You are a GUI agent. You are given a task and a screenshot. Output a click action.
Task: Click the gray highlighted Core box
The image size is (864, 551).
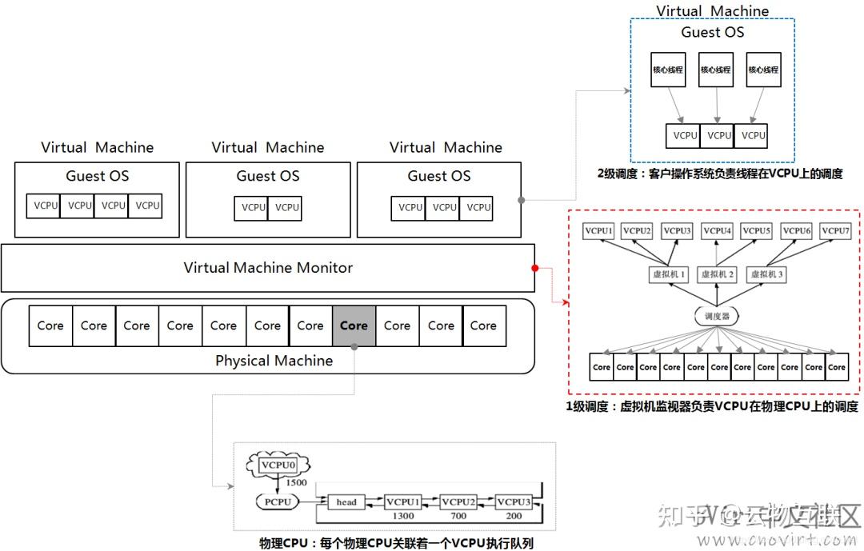point(354,325)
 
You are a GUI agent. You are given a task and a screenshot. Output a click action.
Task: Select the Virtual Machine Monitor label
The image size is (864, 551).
point(268,268)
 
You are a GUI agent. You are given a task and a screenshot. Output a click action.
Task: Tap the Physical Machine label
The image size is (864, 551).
point(274,361)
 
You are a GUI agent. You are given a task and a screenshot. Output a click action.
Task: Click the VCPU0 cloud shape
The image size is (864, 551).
point(279,465)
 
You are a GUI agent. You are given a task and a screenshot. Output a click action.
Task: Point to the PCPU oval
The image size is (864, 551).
point(277,501)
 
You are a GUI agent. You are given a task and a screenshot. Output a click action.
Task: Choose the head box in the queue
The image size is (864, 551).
point(346,501)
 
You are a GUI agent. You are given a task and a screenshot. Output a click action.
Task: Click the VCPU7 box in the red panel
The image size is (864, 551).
point(836,231)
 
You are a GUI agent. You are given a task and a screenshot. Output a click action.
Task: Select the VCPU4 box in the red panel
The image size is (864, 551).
point(717,231)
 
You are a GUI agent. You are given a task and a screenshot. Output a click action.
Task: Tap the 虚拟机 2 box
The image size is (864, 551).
point(717,274)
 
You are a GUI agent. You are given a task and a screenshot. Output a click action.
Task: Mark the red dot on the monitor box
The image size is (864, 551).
point(534,268)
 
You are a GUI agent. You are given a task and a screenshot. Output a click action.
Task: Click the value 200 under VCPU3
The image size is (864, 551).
point(514,516)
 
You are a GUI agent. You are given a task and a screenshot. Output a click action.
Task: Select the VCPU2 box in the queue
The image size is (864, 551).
point(458,501)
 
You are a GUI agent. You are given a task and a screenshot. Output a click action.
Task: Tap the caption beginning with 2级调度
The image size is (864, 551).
point(719,174)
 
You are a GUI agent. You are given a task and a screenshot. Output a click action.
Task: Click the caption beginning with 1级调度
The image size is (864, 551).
point(712,406)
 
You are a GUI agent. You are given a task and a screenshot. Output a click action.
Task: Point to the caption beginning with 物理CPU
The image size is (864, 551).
point(396,543)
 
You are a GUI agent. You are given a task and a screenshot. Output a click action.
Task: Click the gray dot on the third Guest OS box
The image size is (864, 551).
point(522,200)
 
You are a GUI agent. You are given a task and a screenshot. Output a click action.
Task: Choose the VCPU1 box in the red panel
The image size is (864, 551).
point(598,231)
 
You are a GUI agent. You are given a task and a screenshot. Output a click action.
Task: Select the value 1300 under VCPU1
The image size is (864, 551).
point(403,516)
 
